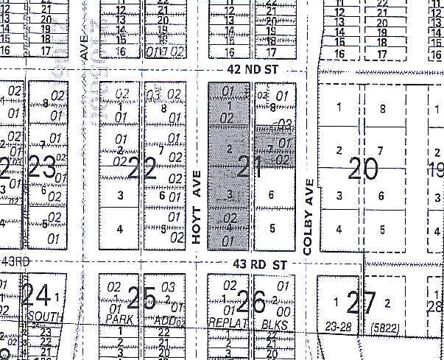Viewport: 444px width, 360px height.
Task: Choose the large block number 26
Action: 251,300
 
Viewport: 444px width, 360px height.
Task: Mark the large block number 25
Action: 141,298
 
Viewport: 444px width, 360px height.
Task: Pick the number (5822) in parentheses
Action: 387,325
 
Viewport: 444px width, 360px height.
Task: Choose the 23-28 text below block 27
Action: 338,324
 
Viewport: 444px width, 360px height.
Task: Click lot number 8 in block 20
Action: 381,109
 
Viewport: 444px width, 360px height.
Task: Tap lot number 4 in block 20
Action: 339,228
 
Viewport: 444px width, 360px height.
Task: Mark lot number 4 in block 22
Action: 119,229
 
